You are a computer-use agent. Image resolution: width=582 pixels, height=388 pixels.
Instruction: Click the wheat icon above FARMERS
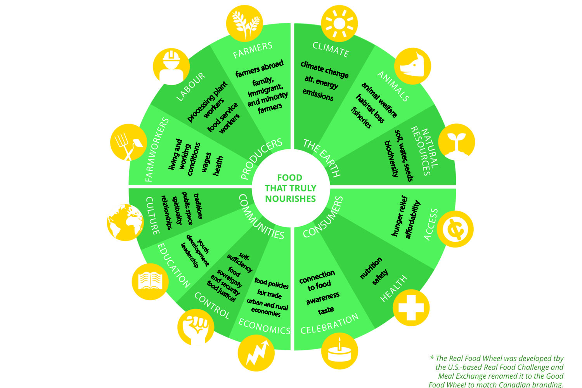point(245,23)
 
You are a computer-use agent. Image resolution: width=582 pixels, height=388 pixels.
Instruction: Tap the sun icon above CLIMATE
point(339,23)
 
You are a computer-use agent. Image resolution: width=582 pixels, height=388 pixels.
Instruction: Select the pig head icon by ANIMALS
point(412,66)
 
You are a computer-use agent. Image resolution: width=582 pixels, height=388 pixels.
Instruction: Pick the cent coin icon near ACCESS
point(455,229)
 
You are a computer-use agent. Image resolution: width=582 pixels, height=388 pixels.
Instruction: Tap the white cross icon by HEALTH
point(411,308)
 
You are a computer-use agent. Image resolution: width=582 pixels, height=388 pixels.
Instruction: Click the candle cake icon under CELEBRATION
point(339,352)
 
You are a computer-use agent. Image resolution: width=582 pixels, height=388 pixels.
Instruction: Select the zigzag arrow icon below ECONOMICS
point(256,353)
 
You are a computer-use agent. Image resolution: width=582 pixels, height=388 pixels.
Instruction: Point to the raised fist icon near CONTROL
point(196,326)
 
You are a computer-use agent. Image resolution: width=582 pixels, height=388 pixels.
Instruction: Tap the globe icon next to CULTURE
point(125,222)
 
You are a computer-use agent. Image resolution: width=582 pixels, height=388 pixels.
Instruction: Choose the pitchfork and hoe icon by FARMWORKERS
point(128,142)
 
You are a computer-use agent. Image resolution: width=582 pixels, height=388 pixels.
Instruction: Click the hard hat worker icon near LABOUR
point(171,66)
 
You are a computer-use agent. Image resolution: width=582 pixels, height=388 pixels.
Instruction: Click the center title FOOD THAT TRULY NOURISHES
point(291,188)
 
